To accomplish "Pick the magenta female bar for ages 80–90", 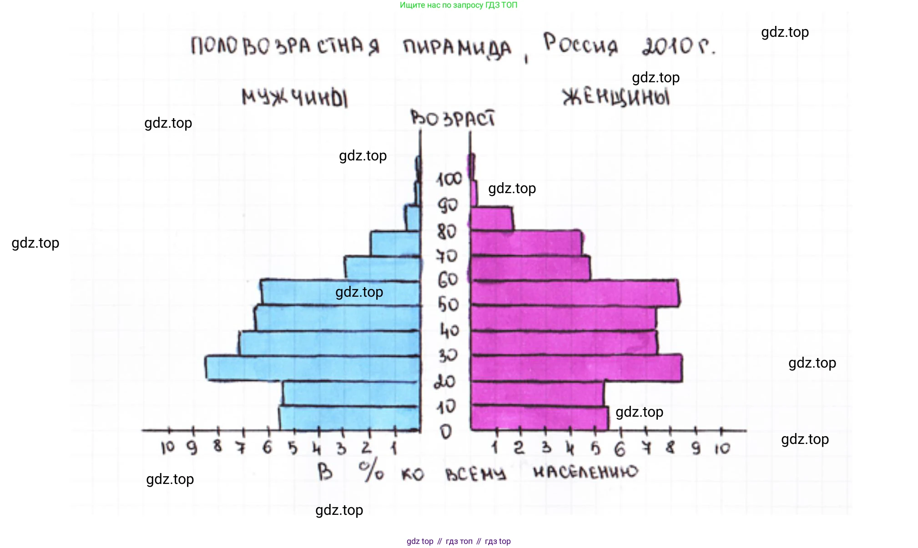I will [x=491, y=219].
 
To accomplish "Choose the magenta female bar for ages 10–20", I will [x=537, y=394].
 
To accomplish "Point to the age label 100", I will [x=449, y=179].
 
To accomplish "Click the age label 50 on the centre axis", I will [x=448, y=304].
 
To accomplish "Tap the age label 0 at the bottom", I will [x=446, y=431].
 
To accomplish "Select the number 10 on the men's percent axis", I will [x=167, y=448].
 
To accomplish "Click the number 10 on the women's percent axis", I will [x=722, y=449].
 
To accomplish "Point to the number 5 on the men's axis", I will [x=293, y=448].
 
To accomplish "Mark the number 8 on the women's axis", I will [x=670, y=448].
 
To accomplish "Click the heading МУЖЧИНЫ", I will [x=295, y=98].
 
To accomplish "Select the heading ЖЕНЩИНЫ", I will [x=616, y=98].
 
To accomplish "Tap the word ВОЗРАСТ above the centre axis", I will [x=453, y=119].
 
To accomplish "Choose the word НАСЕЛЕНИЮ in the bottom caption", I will [x=585, y=473].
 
